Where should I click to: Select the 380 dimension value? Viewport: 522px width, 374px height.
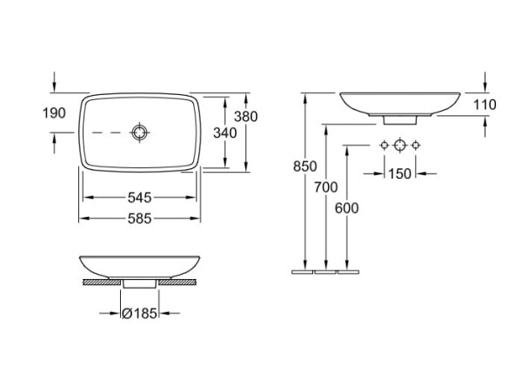[x=246, y=116]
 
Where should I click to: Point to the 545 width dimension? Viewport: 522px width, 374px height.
[x=140, y=198]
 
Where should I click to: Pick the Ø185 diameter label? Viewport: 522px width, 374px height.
[x=138, y=313]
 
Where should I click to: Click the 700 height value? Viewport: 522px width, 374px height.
[x=325, y=187]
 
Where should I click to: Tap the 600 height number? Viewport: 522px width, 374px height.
[x=346, y=207]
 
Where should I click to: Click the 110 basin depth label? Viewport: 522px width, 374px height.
[x=484, y=105]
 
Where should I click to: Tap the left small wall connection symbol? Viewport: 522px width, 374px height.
[x=382, y=144]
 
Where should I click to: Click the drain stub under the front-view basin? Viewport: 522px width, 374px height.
[x=138, y=282]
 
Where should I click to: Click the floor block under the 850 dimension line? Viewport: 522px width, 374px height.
[x=304, y=271]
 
